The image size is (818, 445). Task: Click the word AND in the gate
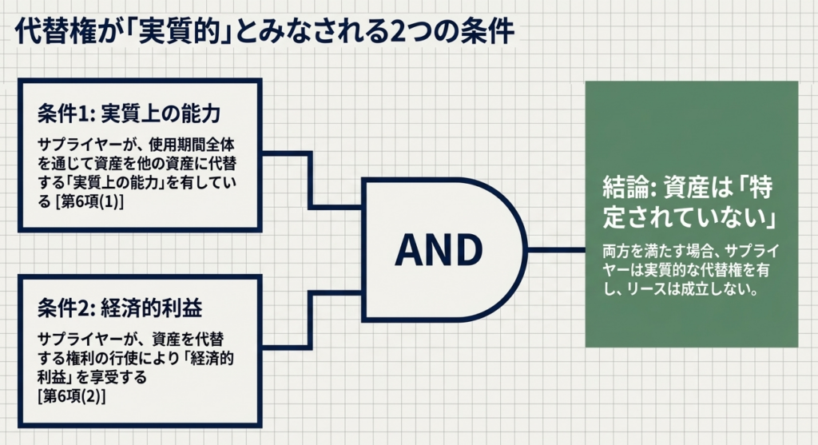click(439, 250)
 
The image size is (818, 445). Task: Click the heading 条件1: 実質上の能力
click(128, 113)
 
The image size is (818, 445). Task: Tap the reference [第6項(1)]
click(86, 203)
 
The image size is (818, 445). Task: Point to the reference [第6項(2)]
click(71, 395)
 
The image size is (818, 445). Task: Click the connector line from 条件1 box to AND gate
click(312, 180)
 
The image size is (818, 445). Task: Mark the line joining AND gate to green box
click(556, 250)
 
